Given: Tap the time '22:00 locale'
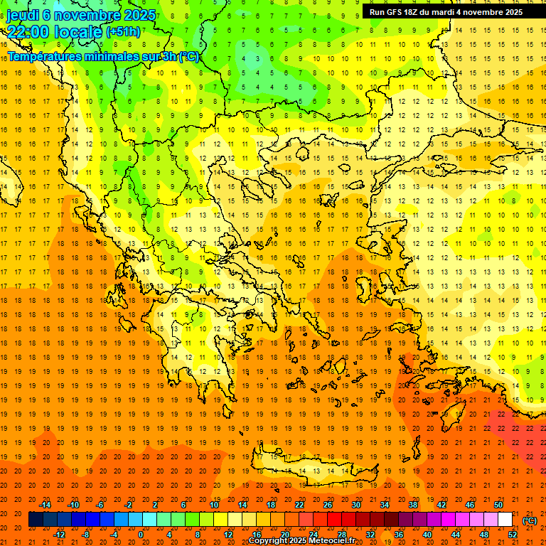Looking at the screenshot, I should pos(54,32).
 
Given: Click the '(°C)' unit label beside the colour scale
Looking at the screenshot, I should pos(530,520).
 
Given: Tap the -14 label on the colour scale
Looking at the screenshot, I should pos(46,505).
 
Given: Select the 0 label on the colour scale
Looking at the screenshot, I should pos(141,535).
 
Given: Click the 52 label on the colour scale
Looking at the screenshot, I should pos(512,535).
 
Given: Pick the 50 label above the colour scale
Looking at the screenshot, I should pos(498,505).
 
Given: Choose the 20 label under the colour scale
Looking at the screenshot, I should pos(284,535).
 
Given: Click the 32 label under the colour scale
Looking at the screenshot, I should pos(370,535).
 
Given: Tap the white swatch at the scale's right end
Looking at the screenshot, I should pos(505,520).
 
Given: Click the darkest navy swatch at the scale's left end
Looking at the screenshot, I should pos(36,520).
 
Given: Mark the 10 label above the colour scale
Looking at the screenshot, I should pos(213,505).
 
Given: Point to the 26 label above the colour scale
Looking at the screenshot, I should pos(328,505).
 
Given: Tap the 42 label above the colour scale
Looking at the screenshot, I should pos(441,505).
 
